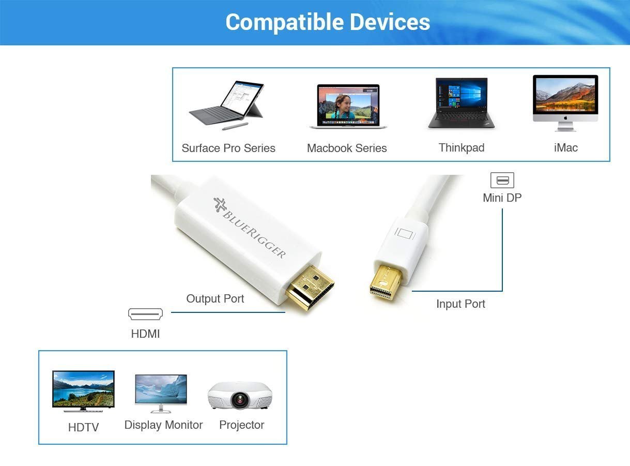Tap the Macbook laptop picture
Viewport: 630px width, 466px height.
(348, 107)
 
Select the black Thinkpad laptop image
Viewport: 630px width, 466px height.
(462, 103)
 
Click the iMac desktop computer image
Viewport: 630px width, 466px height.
(565, 103)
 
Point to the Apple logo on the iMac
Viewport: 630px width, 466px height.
(565, 118)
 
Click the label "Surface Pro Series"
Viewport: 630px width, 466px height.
(228, 148)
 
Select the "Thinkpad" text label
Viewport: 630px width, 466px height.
(462, 148)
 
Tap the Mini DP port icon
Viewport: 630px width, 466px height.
(502, 181)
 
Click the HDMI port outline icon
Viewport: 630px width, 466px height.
(145, 314)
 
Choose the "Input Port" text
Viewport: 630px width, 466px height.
(460, 304)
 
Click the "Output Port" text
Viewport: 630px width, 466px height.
(215, 298)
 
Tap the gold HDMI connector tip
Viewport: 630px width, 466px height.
(310, 288)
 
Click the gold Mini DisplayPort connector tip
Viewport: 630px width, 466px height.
(386, 282)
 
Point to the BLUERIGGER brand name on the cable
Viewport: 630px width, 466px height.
(254, 235)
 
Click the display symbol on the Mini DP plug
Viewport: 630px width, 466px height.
(405, 233)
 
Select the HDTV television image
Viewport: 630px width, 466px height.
(84, 391)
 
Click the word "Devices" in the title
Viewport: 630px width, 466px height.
(390, 22)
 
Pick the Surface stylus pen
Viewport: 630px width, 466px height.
(235, 127)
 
